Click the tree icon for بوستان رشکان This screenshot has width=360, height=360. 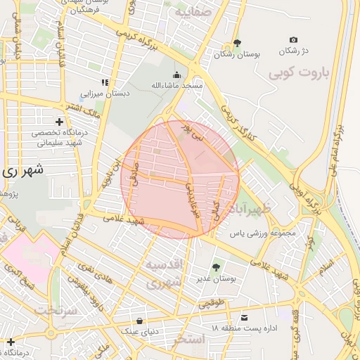coord(236,43)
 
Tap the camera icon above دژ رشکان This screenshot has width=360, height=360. coord(293,40)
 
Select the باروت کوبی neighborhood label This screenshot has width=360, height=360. coord(297,72)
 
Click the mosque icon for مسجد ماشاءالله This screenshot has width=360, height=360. coord(176,75)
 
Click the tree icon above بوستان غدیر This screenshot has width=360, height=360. coord(215,266)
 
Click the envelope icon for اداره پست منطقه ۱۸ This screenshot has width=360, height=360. coord(244,317)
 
